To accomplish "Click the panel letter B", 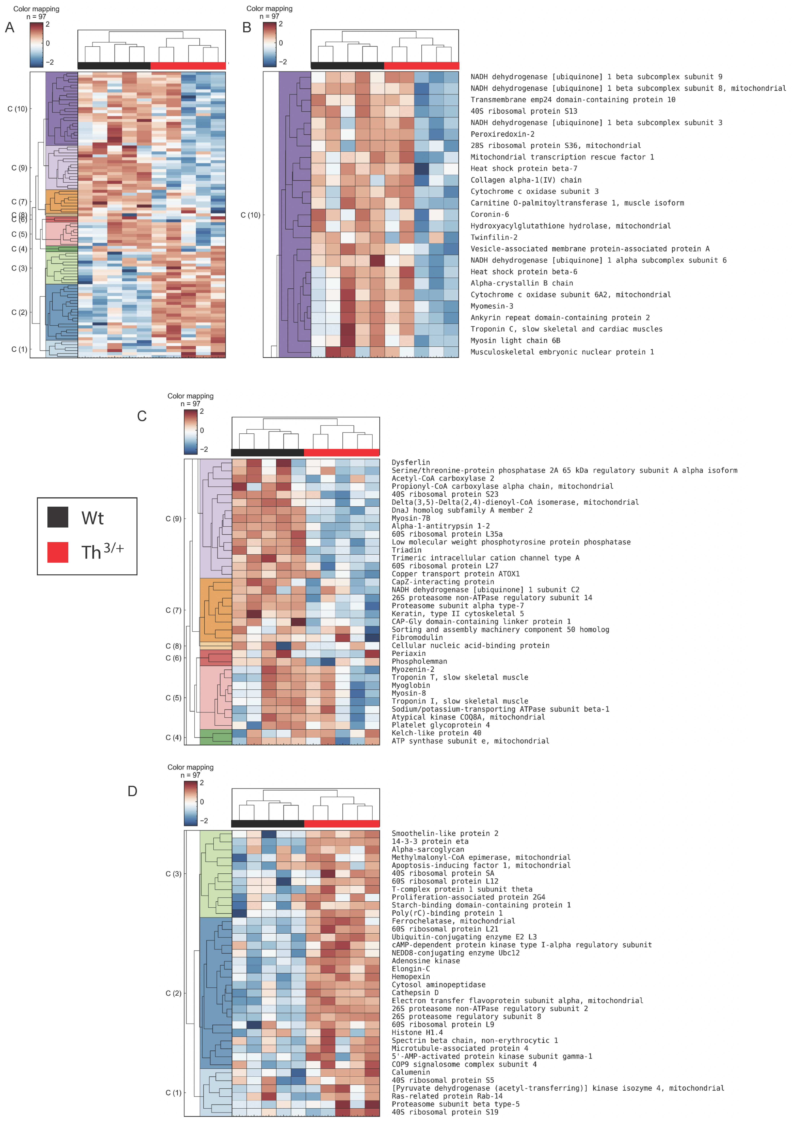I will pos(247,28).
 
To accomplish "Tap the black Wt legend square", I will pos(58,517).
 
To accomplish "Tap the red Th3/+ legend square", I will pos(58,552).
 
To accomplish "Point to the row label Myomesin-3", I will pos(492,306).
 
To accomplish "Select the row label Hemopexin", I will pos(410,976).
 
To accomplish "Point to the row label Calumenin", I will pos(410,1072).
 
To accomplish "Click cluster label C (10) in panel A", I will pos(17,109).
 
